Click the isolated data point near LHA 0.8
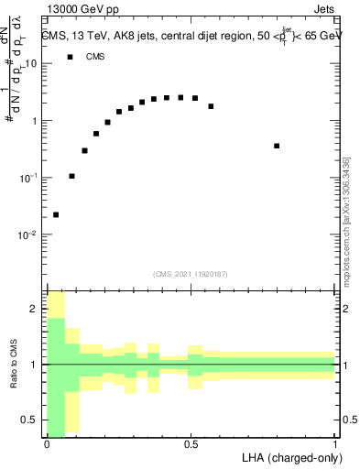click(277, 146)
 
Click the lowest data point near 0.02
click(56, 214)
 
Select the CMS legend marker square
click(70, 57)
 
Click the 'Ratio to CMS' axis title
click(15, 364)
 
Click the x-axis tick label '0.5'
click(191, 444)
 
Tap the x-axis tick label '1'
click(335, 444)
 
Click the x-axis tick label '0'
click(47, 444)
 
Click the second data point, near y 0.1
click(71, 176)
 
